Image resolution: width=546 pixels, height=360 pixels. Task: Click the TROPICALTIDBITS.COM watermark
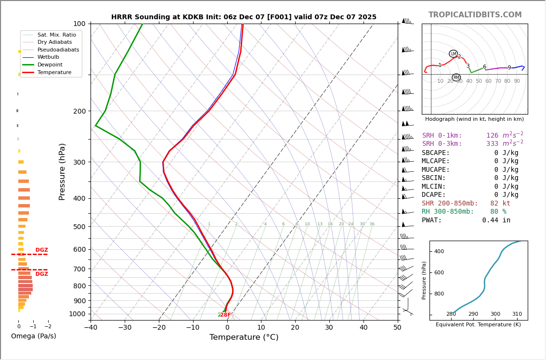click(x=475, y=15)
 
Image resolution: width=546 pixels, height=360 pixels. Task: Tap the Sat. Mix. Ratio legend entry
click(x=56, y=35)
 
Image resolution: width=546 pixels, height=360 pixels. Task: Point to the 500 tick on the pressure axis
click(x=79, y=227)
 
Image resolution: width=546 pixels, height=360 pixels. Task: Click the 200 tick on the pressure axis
click(x=79, y=111)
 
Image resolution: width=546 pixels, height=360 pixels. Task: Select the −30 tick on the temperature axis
click(x=125, y=328)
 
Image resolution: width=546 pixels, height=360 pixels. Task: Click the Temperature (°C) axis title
click(x=244, y=337)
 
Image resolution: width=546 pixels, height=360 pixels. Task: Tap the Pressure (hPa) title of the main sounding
click(x=62, y=171)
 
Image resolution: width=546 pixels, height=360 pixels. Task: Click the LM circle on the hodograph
click(x=453, y=53)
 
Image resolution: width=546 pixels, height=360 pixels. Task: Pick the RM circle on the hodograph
click(x=456, y=77)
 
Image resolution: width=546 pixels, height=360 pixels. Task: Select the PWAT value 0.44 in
click(x=496, y=220)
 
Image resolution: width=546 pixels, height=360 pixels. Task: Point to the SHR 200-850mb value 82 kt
click(x=500, y=204)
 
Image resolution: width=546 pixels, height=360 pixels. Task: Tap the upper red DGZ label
click(x=41, y=250)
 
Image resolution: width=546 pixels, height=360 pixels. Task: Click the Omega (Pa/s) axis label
click(x=33, y=336)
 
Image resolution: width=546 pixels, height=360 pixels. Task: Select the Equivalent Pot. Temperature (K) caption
click(x=478, y=324)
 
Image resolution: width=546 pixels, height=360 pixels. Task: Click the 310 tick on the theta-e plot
click(x=517, y=314)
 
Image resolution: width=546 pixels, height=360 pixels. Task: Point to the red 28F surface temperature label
click(x=225, y=315)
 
